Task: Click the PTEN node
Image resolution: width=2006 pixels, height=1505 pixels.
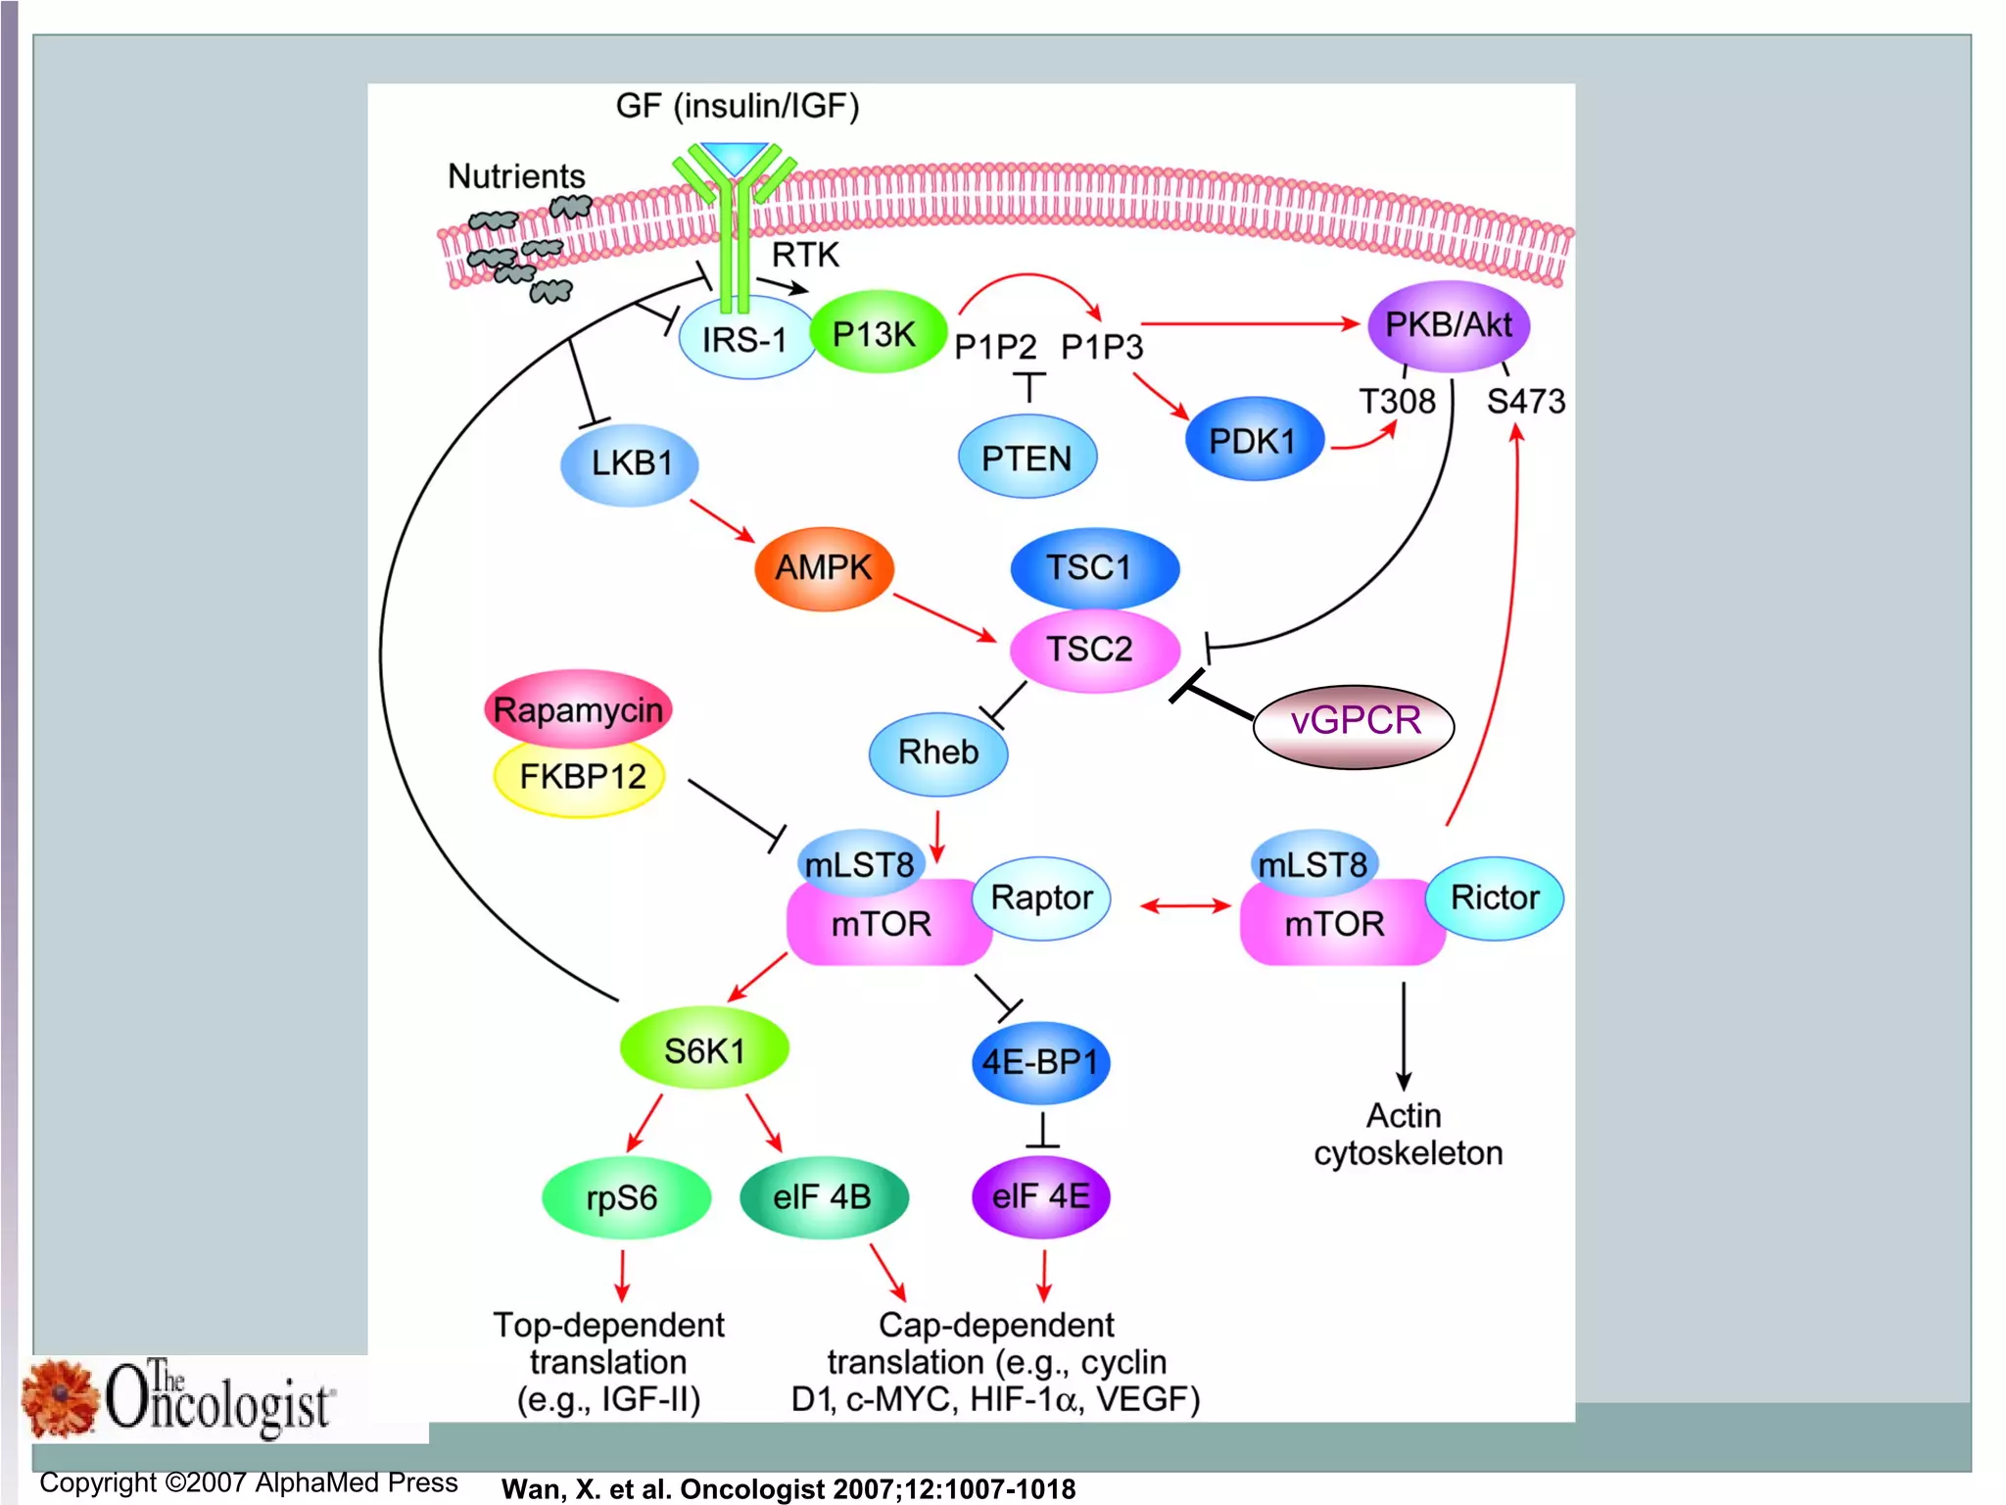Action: [1026, 458]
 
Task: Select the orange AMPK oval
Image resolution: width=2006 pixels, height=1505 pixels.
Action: [823, 567]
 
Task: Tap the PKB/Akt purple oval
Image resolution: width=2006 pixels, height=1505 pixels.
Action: [1448, 325]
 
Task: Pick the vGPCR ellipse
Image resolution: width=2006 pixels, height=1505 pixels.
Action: [1354, 722]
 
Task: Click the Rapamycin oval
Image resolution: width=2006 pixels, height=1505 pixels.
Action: [578, 708]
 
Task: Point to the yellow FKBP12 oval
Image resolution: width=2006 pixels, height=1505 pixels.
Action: [581, 777]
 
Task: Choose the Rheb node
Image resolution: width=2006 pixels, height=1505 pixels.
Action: [937, 752]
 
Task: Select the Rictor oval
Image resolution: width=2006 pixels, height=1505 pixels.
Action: [1494, 898]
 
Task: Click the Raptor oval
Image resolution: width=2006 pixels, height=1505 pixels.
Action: [1041, 898]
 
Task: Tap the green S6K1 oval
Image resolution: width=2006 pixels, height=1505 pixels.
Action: [703, 1050]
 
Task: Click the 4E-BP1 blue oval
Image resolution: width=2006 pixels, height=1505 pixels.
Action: [1040, 1062]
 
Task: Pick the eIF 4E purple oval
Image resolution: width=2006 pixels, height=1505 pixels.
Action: [1040, 1196]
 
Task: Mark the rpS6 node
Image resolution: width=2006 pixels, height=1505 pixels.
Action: [624, 1197]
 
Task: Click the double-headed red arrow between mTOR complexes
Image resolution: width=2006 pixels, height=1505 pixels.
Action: [1185, 906]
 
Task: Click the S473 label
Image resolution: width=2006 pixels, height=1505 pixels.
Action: [1525, 402]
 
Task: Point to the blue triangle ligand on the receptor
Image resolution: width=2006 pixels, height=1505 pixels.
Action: [735, 158]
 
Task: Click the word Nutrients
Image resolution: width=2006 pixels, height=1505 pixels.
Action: [516, 176]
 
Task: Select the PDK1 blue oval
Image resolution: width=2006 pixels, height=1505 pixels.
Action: [1253, 441]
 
